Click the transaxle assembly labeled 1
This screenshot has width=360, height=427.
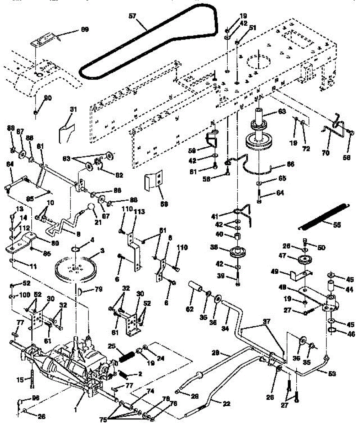tap(68, 367)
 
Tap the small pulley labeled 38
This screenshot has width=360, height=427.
tap(236, 252)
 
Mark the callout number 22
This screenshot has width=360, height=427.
tap(227, 404)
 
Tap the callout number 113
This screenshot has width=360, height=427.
tap(139, 212)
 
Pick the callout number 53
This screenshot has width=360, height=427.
tap(331, 374)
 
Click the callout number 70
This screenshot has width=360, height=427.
tap(325, 153)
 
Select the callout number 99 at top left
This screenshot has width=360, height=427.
tap(84, 29)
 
